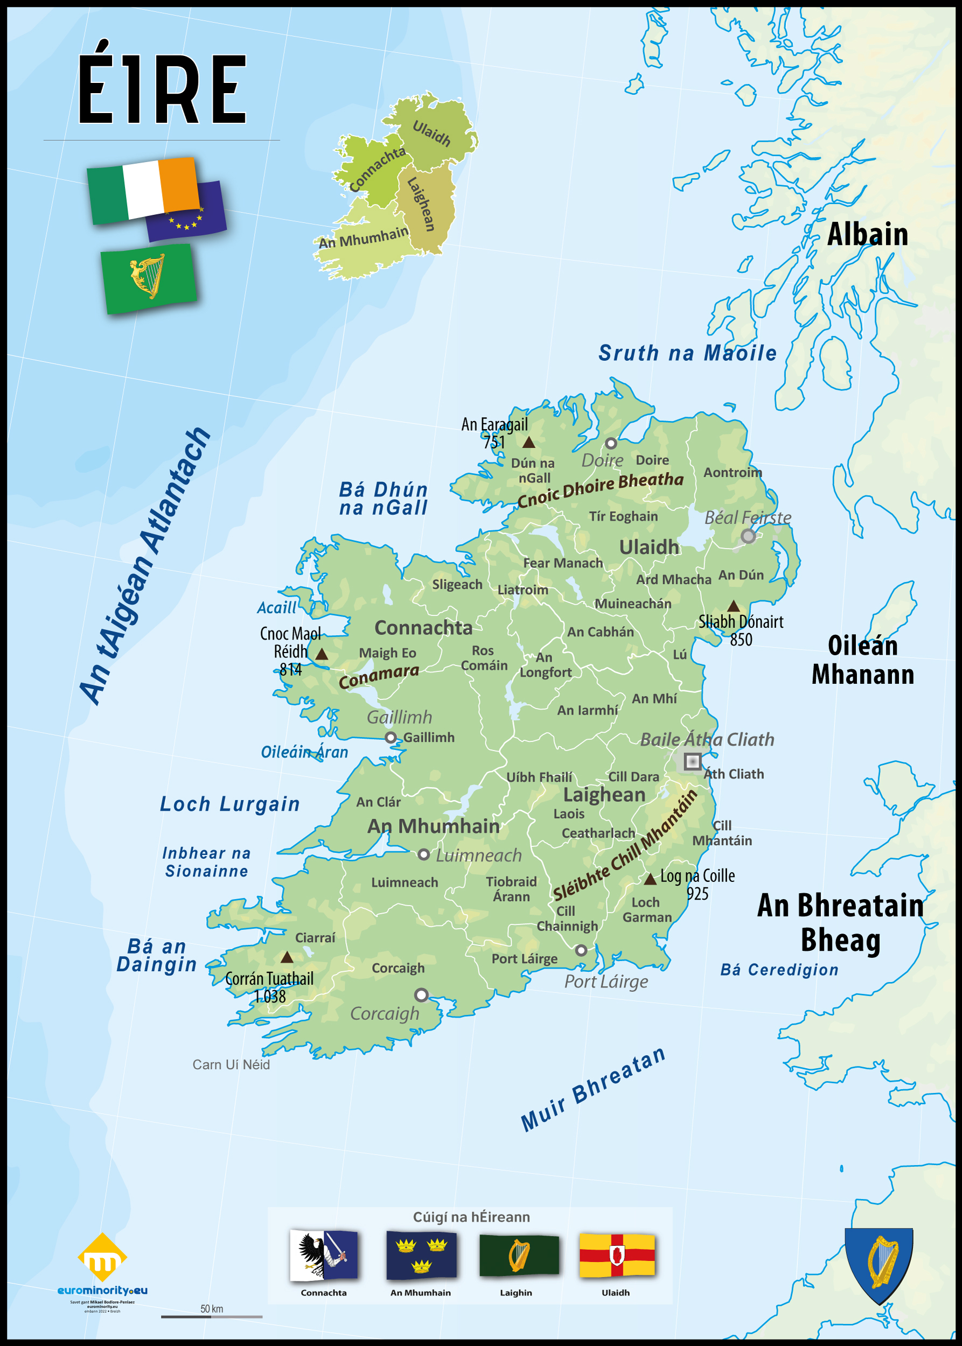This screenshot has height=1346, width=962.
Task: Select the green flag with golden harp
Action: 148,278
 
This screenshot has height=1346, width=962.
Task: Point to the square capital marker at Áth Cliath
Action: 692,761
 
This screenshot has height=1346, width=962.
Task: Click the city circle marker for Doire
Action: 611,443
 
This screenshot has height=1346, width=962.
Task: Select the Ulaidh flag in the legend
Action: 617,1256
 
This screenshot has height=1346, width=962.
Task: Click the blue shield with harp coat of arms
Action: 879,1264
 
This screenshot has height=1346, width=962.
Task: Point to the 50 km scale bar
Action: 212,1317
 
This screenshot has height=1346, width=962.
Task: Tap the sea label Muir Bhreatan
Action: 593,1090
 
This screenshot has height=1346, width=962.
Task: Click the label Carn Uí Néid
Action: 231,1065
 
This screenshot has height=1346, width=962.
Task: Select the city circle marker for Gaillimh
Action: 391,738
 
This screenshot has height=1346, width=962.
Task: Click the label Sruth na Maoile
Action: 687,354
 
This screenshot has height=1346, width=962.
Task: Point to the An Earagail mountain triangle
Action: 528,443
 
